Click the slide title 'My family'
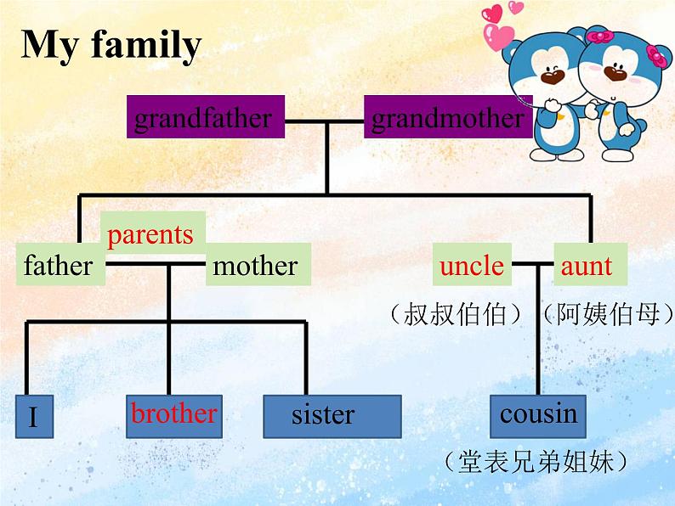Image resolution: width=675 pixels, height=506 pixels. click(111, 45)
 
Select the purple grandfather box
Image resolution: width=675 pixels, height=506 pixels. click(204, 118)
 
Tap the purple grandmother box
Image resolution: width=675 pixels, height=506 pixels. click(447, 118)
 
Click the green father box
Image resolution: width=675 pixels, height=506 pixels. click(59, 266)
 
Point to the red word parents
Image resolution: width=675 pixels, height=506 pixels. click(151, 234)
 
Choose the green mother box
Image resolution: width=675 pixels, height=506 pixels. click(256, 266)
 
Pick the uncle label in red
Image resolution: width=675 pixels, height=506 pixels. click(472, 266)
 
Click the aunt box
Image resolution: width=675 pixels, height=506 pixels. click(587, 266)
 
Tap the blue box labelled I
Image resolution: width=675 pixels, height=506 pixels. click(33, 417)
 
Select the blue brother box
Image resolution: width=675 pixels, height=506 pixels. click(174, 415)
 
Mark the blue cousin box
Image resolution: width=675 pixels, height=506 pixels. click(539, 415)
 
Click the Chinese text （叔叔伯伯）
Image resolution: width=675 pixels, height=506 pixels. click(456, 315)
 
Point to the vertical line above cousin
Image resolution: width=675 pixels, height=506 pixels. click(537, 340)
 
